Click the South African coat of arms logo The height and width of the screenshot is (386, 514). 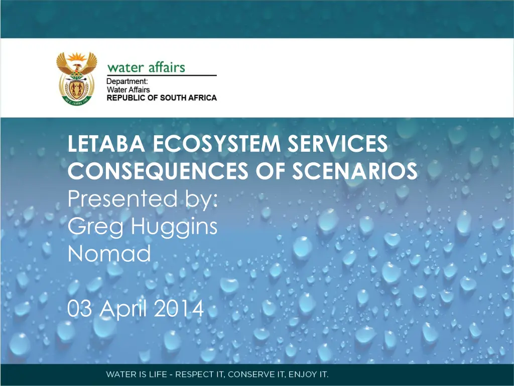[x=77, y=78]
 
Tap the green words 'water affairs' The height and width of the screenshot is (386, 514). [x=146, y=67]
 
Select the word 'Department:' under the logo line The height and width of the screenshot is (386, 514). [x=127, y=81]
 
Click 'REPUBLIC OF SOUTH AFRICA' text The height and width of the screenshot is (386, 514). [x=162, y=98]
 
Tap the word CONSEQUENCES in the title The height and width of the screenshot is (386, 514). [x=158, y=171]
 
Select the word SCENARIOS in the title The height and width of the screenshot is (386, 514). [x=355, y=171]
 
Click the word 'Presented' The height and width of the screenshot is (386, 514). [x=122, y=199]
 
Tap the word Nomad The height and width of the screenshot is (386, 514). [x=109, y=253]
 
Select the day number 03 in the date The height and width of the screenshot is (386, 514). [x=80, y=309]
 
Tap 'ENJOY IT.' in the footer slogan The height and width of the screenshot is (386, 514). [x=309, y=374]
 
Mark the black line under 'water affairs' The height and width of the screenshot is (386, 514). [x=162, y=75]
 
